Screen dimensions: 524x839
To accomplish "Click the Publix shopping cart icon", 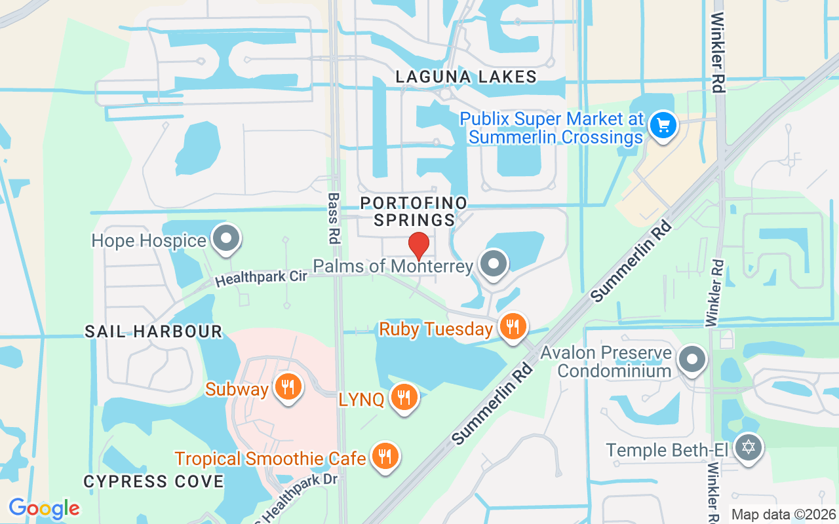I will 663,124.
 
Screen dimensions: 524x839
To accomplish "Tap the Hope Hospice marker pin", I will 227,238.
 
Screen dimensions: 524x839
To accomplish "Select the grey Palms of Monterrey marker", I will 494,263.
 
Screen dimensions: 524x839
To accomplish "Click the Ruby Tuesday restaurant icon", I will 513,326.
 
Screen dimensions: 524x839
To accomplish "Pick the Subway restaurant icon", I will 287,386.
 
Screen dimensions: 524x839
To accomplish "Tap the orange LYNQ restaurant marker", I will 404,396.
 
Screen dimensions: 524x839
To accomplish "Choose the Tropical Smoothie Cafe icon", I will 385,455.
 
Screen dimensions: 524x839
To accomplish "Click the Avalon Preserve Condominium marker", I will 692,359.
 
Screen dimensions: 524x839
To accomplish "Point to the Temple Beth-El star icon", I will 748,448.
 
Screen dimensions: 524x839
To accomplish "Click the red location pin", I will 419,246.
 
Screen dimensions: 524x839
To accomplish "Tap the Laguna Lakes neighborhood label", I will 467,77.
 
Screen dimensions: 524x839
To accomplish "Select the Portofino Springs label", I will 414,211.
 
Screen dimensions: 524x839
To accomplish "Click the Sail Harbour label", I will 154,331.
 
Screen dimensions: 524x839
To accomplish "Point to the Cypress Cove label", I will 153,481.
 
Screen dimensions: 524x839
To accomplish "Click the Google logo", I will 44,508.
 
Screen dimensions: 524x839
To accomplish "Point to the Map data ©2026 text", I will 783,515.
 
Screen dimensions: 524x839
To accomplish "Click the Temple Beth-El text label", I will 668,450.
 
